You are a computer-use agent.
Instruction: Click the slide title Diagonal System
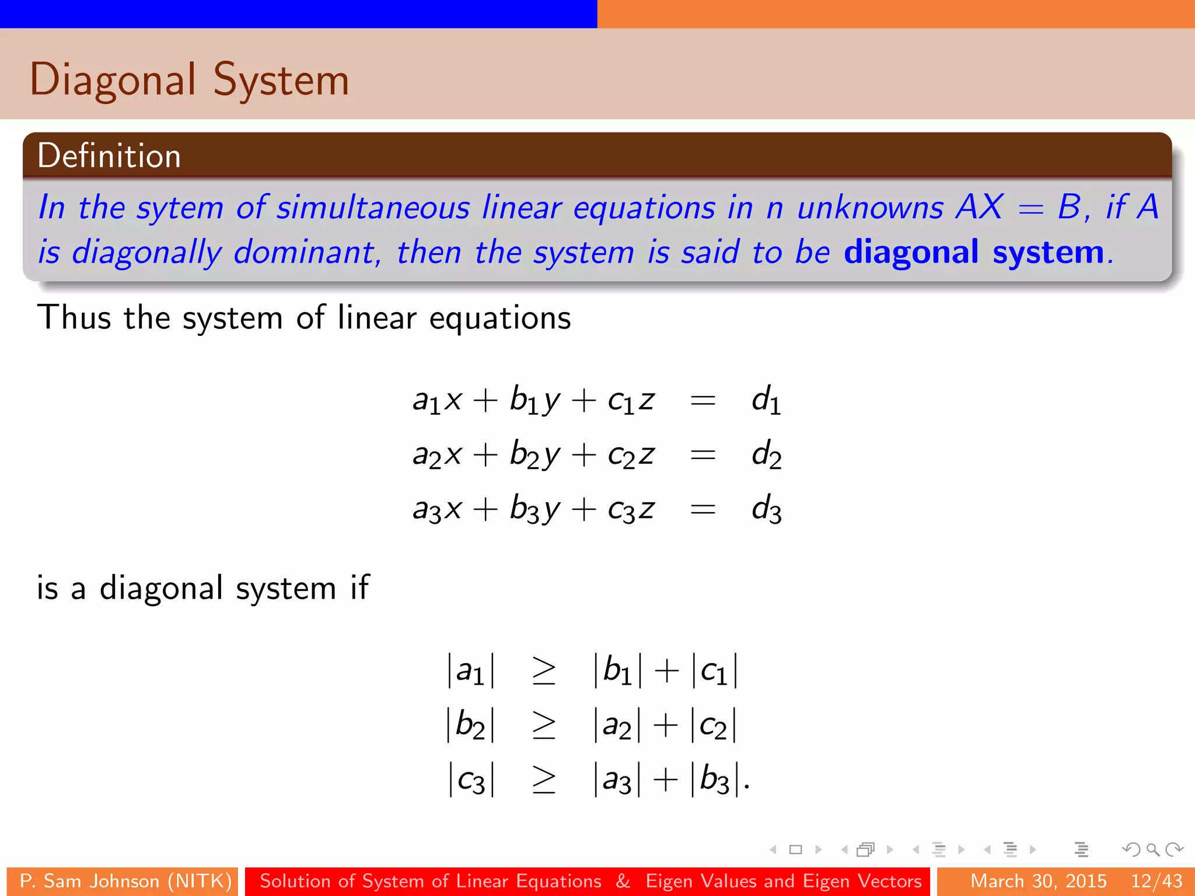[190, 80]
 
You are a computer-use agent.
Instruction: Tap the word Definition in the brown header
[109, 156]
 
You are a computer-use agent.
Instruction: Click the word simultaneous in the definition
[373, 208]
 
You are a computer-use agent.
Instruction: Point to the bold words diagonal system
[974, 252]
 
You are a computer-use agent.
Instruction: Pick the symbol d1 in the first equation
[766, 401]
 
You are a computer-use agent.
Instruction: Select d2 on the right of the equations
[766, 455]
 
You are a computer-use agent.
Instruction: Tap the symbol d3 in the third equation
[766, 509]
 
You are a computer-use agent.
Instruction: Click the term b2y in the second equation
[534, 455]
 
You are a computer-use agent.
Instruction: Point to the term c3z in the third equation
[631, 509]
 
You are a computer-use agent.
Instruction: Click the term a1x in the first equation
[437, 401]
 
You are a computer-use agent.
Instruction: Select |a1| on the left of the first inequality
[471, 670]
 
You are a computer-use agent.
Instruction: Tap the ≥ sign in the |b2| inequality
[544, 725]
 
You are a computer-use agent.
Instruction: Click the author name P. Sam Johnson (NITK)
[125, 881]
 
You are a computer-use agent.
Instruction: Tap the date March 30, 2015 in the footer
[1039, 881]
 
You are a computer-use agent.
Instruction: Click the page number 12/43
[1156, 881]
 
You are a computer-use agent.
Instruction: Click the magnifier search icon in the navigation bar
[1152, 849]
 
